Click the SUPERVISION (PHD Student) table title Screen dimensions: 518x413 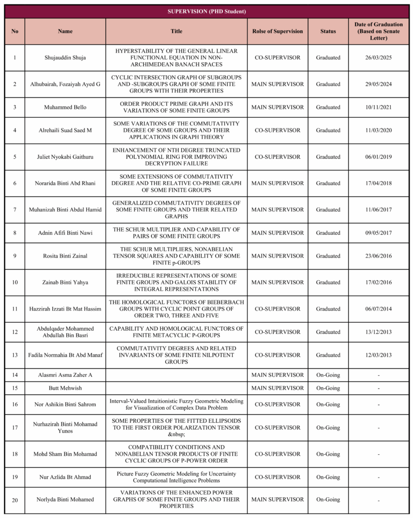pyautogui.click(x=206, y=12)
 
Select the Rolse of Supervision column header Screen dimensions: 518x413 pyautogui.click(x=277, y=31)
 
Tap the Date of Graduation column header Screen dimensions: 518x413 pyautogui.click(x=379, y=31)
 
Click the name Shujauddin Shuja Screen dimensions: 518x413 pyautogui.click(x=65, y=58)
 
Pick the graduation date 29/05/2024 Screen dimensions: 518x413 pyautogui.click(x=379, y=84)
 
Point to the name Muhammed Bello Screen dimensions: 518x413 pyautogui.click(x=65, y=107)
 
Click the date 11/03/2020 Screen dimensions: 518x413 pyautogui.click(x=379, y=131)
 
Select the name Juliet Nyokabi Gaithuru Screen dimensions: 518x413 pyautogui.click(x=65, y=157)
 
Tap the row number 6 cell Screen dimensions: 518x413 pyautogui.click(x=15, y=183)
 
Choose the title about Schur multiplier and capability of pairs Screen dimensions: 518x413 pyautogui.click(x=176, y=233)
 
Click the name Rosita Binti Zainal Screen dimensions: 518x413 pyautogui.click(x=65, y=256)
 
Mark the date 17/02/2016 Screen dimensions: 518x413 pyautogui.click(x=379, y=282)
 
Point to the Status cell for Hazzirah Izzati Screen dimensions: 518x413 pyautogui.click(x=328, y=309)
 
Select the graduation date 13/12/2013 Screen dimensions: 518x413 pyautogui.click(x=379, y=332)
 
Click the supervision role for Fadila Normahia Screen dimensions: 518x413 pyautogui.click(x=277, y=355)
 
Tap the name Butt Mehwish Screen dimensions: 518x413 pyautogui.click(x=65, y=388)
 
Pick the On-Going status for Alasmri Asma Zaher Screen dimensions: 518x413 pyautogui.click(x=328, y=375)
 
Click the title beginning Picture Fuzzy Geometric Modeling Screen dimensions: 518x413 pyautogui.click(x=176, y=477)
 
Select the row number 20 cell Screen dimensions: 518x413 pyautogui.click(x=15, y=500)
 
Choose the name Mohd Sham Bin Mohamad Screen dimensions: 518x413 pyautogui.click(x=65, y=454)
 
